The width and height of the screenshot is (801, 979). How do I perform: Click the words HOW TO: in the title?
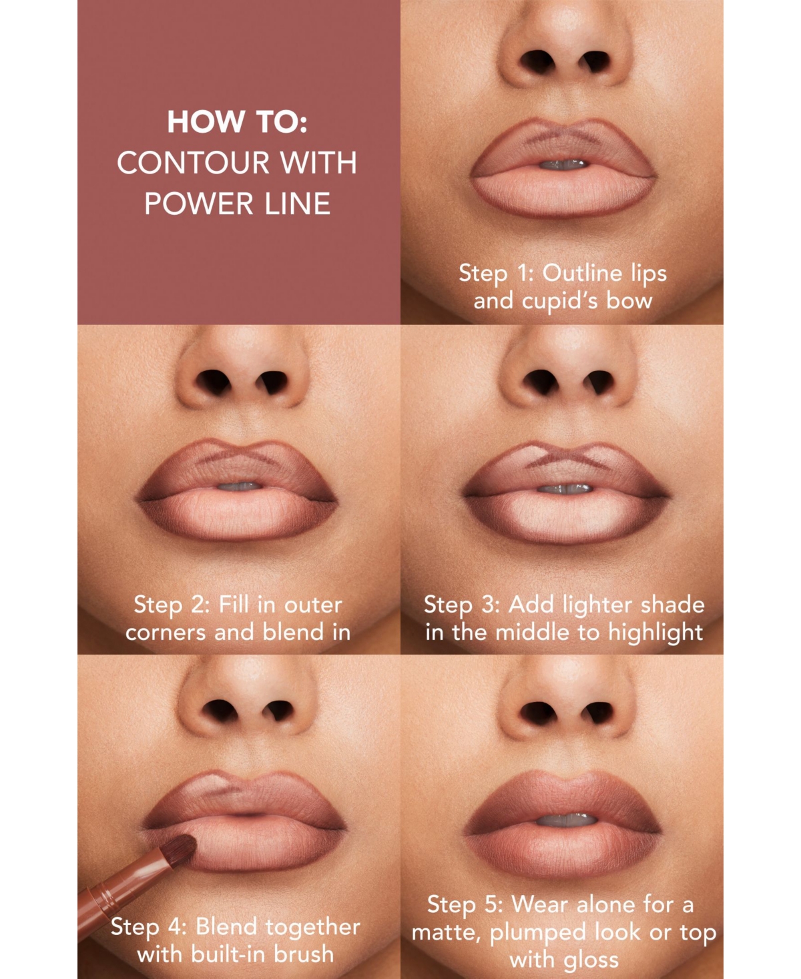pyautogui.click(x=237, y=122)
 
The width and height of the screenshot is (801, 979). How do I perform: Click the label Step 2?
pyautogui.click(x=172, y=605)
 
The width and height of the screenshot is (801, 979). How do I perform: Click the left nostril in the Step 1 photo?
pyautogui.click(x=538, y=62)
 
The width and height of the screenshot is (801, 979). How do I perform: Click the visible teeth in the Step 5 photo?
pyautogui.click(x=566, y=819)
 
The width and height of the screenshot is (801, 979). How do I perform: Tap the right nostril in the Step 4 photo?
pyautogui.click(x=278, y=712)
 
